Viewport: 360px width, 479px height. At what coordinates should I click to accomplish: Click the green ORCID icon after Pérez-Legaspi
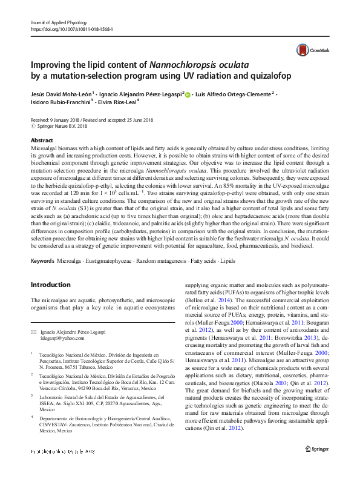(x=188, y=95)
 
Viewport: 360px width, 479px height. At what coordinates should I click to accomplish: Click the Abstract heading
(x=41, y=140)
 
